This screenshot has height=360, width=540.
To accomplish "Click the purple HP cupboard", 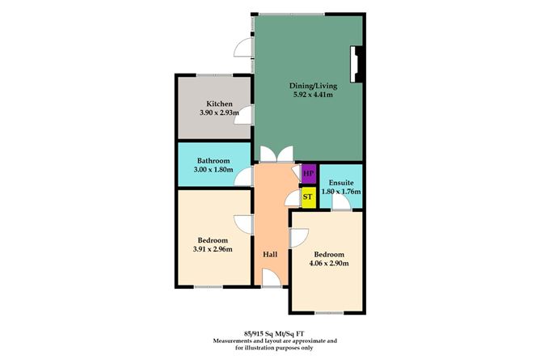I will pyautogui.click(x=308, y=172).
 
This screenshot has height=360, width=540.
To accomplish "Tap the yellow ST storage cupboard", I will pyautogui.click(x=307, y=196).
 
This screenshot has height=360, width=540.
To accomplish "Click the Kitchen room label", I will pyautogui.click(x=219, y=104).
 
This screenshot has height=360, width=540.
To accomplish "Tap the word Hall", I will pyautogui.click(x=270, y=254).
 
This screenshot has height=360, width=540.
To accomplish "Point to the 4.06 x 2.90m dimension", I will pyautogui.click(x=327, y=263).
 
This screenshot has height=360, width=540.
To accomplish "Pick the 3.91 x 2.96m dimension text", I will pyautogui.click(x=213, y=249).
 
